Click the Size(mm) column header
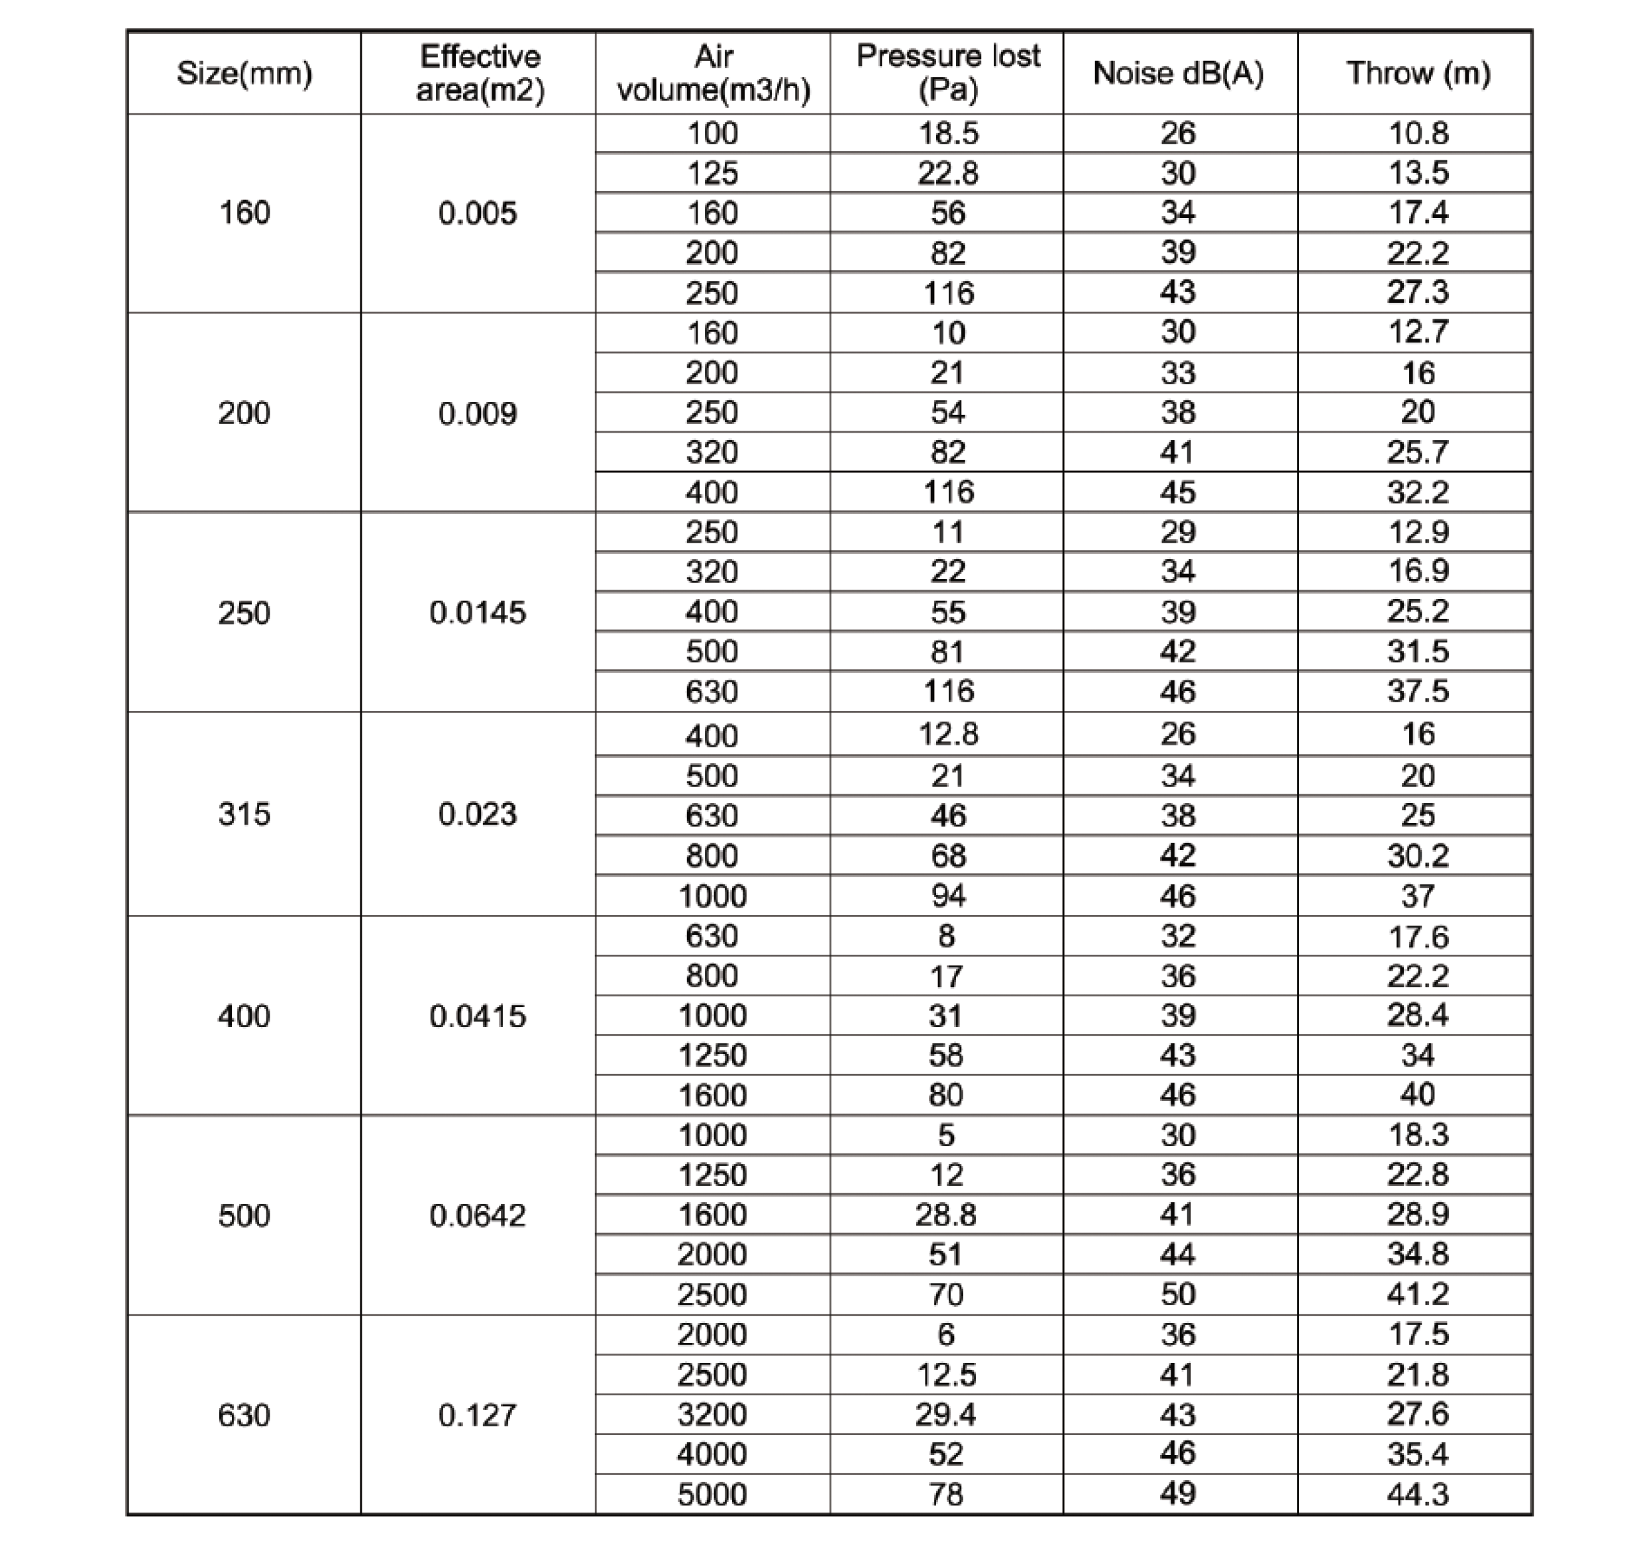[244, 74]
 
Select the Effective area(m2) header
[480, 74]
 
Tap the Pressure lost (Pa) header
[948, 73]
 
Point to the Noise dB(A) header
[1179, 74]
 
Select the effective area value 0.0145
[478, 612]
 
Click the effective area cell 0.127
[478, 1415]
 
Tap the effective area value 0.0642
[478, 1215]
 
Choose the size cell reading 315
[244, 814]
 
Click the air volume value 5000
[712, 1495]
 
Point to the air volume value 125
[712, 174]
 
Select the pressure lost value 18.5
[948, 133]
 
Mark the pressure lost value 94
[948, 896]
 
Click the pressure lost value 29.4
[945, 1415]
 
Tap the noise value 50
[1178, 1295]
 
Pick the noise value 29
[1178, 532]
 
